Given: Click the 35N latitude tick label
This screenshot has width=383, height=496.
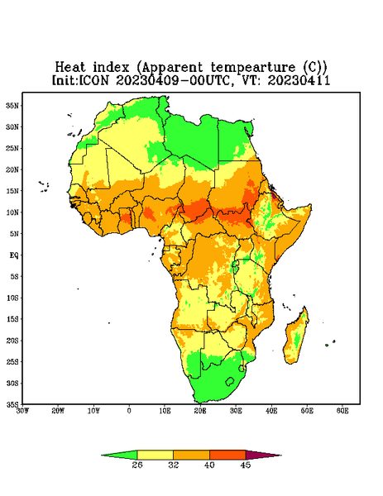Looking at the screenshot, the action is (12, 106).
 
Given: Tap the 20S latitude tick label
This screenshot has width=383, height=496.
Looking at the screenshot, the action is (12, 341).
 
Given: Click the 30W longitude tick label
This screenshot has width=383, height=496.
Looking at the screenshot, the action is (22, 411).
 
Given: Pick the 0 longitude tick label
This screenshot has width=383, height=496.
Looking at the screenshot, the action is (129, 411).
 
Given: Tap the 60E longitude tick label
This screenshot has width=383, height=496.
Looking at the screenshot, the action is (342, 411).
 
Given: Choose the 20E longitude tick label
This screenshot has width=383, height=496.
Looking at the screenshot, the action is (200, 411).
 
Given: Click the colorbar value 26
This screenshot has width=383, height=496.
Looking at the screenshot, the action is (137, 465).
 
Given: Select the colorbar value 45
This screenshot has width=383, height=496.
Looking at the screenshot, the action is (246, 465).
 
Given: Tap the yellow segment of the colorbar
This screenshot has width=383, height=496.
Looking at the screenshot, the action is (155, 455).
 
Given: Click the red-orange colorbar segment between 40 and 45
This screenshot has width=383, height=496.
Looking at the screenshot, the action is (227, 455).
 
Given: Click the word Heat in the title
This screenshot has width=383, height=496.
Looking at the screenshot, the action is (70, 67).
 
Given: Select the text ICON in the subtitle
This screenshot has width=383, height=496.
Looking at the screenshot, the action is (93, 80).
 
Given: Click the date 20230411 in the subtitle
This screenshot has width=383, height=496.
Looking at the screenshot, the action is (299, 80).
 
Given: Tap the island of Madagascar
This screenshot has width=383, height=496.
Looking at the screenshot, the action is (297, 337).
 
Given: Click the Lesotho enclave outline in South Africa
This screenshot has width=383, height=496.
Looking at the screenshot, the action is (230, 381).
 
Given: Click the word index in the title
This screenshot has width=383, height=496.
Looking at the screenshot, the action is (111, 67).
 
